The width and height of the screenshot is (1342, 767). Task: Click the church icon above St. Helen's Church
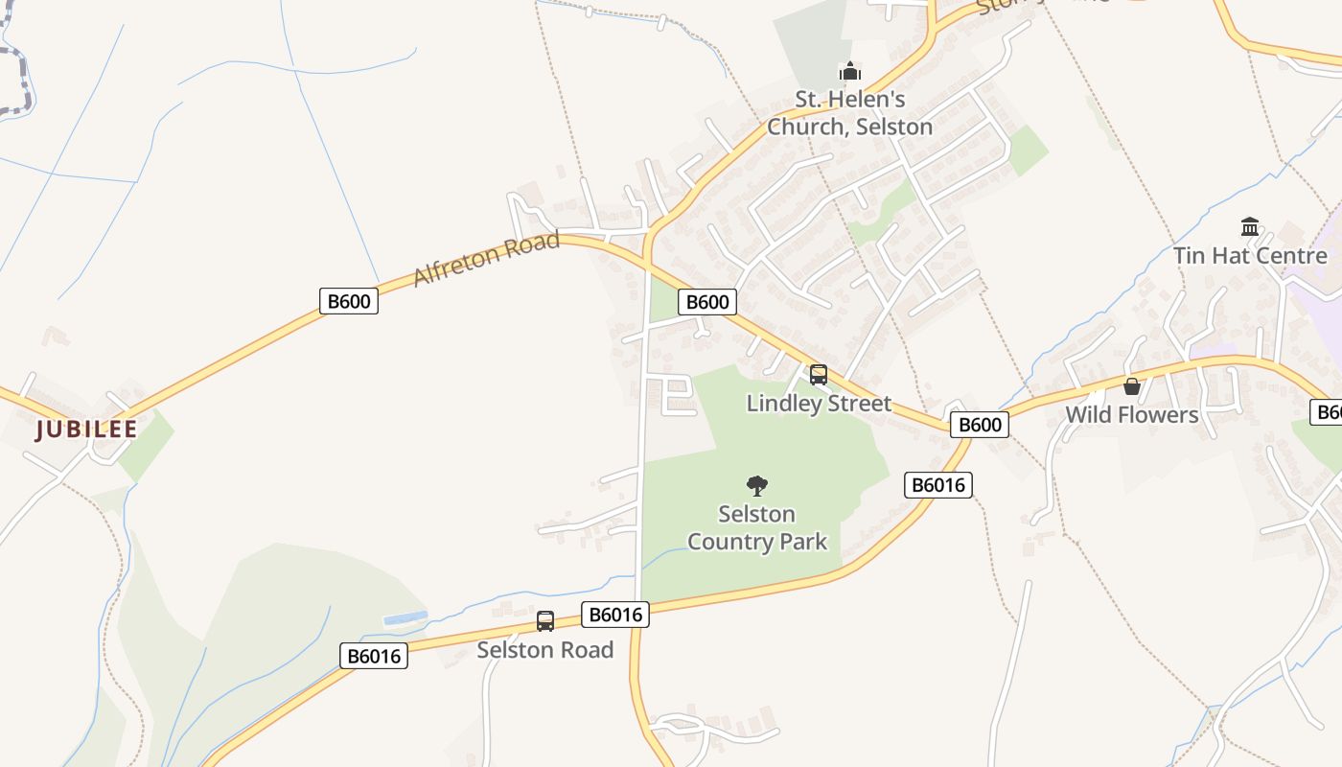point(849,71)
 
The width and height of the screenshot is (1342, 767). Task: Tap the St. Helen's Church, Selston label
point(849,113)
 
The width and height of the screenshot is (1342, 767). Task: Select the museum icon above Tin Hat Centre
point(1250,227)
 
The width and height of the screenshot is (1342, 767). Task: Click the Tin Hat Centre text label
point(1250,256)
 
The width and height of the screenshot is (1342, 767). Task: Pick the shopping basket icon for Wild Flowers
point(1132,386)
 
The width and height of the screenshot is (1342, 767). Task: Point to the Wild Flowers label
point(1132,415)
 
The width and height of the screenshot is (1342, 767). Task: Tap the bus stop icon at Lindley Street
point(819,375)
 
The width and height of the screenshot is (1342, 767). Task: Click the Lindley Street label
point(819,404)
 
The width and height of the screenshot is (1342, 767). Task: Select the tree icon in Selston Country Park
point(757,486)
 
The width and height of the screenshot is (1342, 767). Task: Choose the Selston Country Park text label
point(757,527)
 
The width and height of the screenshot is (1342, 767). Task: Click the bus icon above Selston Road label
point(545,621)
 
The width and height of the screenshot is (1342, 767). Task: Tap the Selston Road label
point(545,650)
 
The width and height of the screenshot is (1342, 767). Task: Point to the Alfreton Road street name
point(486,258)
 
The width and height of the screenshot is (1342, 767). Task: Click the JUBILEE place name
point(86,430)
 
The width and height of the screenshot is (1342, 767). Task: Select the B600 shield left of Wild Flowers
point(980,425)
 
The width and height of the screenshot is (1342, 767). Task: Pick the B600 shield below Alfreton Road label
point(349,301)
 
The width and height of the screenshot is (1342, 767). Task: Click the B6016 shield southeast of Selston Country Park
point(938,485)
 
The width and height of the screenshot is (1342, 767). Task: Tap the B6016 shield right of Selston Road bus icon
point(615,615)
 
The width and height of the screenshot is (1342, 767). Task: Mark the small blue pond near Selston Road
point(405,618)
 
